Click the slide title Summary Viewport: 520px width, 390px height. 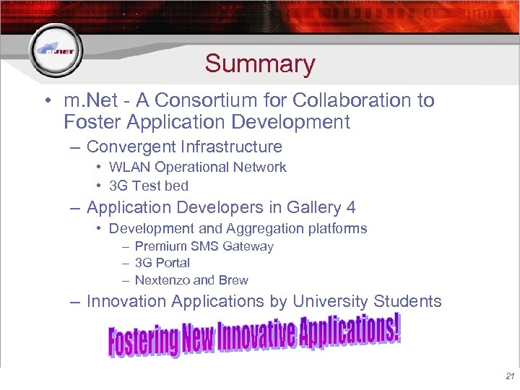point(260,64)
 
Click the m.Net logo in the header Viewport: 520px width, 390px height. point(56,50)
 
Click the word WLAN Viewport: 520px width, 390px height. point(130,168)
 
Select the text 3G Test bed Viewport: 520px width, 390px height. point(148,186)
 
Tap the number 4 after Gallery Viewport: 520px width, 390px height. point(351,208)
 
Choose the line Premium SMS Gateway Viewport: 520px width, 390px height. point(204,246)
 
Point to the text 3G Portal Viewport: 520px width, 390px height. point(162,263)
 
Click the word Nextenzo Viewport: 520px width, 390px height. point(162,280)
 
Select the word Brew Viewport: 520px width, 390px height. point(233,280)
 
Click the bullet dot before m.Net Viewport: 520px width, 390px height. point(45,101)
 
